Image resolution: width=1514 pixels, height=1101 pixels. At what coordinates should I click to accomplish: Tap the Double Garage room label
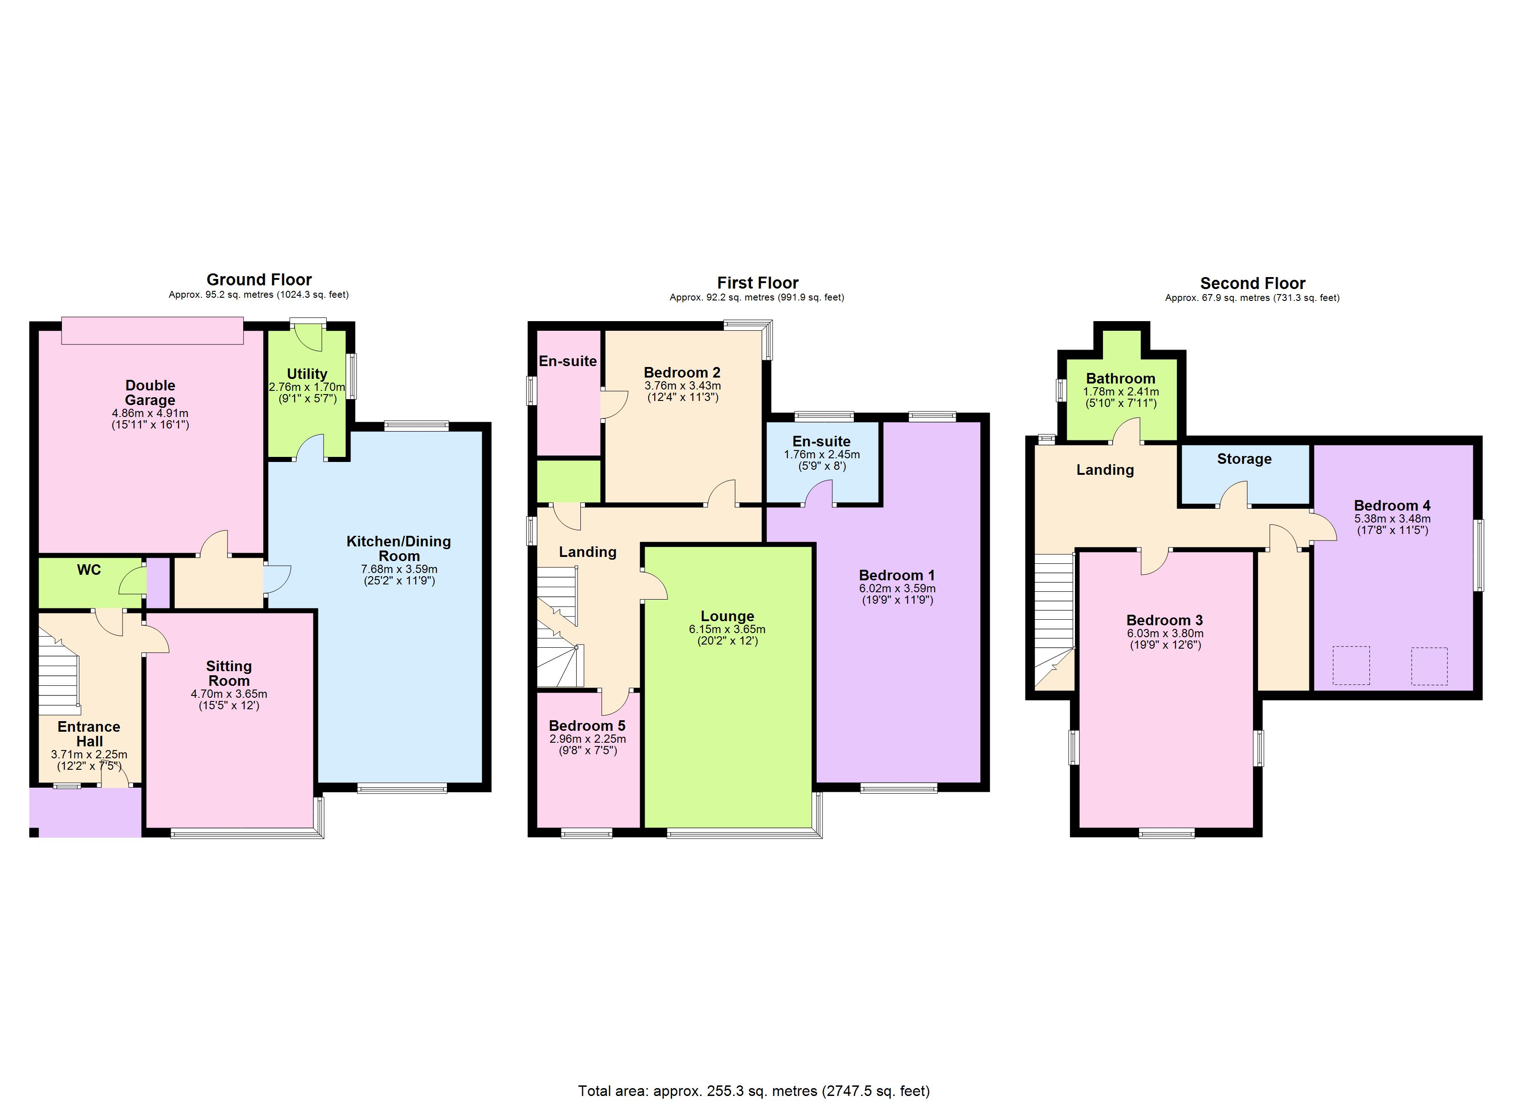coord(150,393)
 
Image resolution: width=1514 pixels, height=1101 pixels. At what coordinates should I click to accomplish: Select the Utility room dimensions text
coord(307,393)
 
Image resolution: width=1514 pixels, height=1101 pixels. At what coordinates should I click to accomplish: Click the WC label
coord(89,569)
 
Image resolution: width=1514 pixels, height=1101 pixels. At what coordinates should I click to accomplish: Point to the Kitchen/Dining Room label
coord(399,548)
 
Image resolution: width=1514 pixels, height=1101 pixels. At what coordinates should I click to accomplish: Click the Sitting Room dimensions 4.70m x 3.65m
coord(229,694)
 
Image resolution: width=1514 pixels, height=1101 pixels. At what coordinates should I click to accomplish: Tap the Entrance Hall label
coord(89,734)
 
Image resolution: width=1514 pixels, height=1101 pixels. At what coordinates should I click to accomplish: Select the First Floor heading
coord(757,283)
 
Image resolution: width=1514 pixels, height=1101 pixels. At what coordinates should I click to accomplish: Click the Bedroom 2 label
coord(682,373)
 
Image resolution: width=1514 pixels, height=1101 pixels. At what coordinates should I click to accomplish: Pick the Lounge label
coord(727,616)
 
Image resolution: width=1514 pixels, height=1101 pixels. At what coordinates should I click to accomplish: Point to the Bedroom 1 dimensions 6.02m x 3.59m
coord(897,588)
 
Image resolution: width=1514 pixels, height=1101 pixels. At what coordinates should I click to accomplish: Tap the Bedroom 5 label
coord(587,726)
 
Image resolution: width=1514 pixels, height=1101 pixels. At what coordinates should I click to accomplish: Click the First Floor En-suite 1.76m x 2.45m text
coord(822,455)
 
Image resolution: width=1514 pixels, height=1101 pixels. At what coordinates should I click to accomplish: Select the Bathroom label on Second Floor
coord(1120,378)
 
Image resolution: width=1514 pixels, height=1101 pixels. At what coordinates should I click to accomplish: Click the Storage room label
coord(1244,459)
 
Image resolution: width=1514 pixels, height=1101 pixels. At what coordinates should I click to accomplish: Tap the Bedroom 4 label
coord(1392,506)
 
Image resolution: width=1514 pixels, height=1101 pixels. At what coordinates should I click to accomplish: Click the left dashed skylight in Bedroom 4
coord(1351,665)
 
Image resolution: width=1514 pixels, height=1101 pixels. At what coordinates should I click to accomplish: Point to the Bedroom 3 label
coord(1164,620)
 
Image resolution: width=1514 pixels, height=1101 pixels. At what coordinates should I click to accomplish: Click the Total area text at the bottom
coord(754,1090)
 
